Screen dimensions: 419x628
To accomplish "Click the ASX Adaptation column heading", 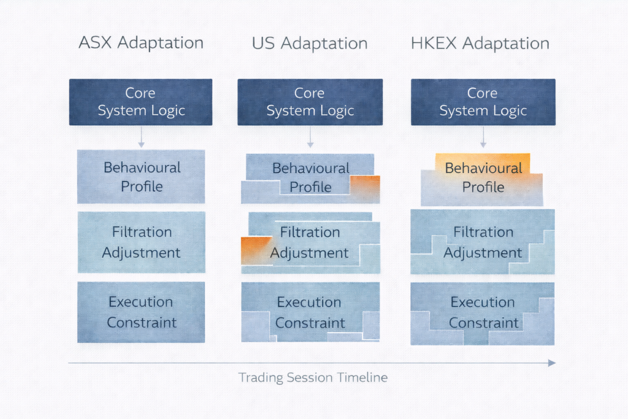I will (141, 44).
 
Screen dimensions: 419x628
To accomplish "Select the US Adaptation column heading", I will (310, 44).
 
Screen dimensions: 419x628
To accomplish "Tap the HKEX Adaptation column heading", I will (480, 44).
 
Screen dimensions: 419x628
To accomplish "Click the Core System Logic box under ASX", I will (140, 102).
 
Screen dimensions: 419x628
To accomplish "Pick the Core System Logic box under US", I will (310, 102).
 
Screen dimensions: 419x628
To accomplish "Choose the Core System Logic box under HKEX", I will (483, 102).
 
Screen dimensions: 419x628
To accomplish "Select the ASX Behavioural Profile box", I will (141, 177).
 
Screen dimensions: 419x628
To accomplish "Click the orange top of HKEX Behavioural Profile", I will (483, 161).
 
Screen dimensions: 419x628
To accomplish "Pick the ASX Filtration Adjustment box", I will (141, 242).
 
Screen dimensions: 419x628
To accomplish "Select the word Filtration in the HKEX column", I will (483, 232).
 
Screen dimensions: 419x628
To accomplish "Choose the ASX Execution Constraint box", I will (141, 312).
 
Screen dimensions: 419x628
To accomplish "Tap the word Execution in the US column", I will (310, 302).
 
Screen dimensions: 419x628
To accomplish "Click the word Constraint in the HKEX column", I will (483, 323).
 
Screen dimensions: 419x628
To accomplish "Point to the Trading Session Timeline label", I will (313, 377).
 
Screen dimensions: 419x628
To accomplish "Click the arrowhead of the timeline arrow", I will (552, 363).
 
